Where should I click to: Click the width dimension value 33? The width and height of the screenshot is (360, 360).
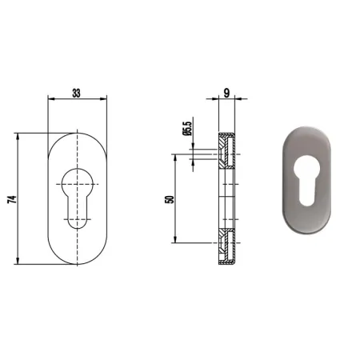[x=76, y=94]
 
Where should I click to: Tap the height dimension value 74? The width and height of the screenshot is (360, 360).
[x=12, y=199]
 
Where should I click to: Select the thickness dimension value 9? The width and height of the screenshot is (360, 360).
[x=226, y=93]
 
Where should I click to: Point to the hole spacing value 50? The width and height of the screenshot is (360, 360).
[x=170, y=199]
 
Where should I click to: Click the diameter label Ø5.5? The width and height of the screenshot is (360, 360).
[x=187, y=129]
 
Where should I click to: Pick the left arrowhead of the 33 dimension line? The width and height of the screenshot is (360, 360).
[x=51, y=99]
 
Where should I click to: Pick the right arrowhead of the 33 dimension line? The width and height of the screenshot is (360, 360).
[x=103, y=99]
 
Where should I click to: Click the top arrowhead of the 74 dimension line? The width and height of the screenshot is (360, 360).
[x=18, y=136]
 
